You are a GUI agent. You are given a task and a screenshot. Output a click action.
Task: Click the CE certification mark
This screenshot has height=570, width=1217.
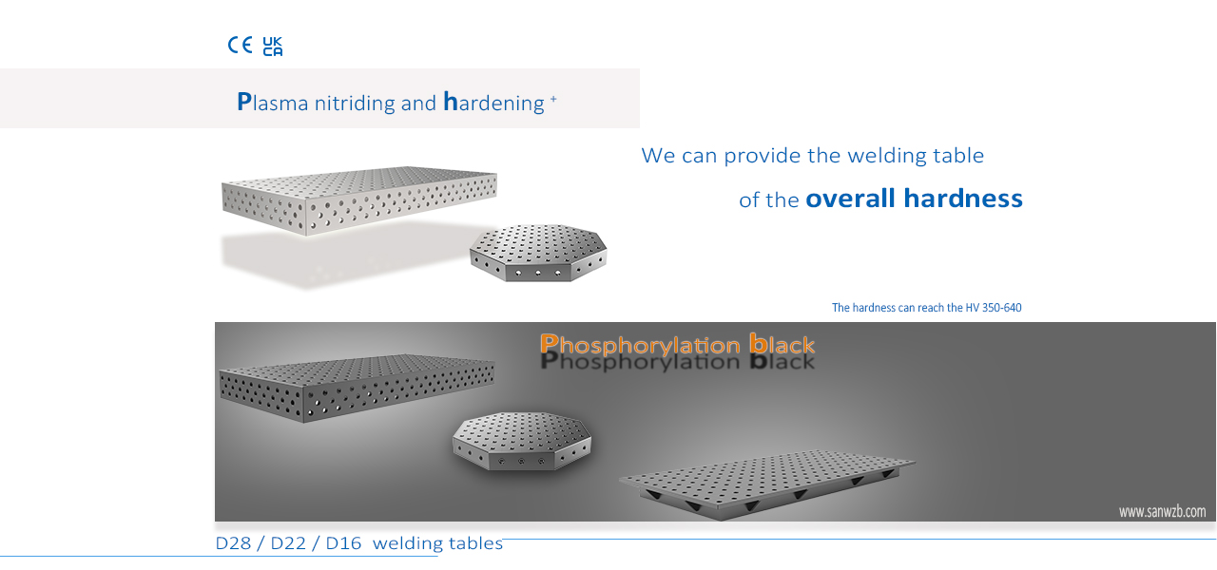coord(240,45)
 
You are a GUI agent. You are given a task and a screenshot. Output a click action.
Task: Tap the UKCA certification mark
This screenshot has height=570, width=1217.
coord(273,47)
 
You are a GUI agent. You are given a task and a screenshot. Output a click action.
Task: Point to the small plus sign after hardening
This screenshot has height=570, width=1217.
coord(553,99)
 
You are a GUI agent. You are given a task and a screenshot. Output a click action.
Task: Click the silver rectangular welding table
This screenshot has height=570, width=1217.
coord(359,200)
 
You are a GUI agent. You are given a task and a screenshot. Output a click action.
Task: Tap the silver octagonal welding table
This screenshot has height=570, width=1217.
coord(538,253)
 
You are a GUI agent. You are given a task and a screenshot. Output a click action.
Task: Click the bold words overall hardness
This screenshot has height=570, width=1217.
coord(914,199)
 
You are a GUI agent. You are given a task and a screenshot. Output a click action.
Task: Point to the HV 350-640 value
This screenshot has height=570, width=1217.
coord(994,308)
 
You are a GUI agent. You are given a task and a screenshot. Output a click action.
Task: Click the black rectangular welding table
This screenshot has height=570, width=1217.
coord(357,388)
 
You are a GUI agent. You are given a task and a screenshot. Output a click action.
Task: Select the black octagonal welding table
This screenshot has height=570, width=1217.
coord(522,440)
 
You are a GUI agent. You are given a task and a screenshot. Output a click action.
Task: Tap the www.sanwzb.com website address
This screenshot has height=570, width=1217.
coord(1162,511)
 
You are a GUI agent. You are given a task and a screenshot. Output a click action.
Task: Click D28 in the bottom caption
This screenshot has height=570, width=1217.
coord(233,543)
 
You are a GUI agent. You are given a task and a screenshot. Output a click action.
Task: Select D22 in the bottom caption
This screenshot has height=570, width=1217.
coord(288,543)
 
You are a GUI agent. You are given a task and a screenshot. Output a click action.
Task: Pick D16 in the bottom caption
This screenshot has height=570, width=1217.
coord(343,543)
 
